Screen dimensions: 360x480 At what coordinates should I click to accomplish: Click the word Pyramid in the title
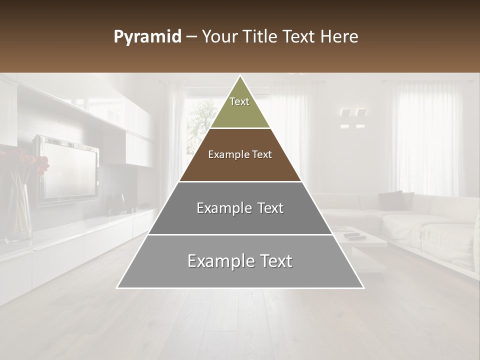(x=147, y=37)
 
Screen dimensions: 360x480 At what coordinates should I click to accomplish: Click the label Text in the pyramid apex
(x=239, y=101)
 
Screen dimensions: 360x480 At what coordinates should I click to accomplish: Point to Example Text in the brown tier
(x=240, y=154)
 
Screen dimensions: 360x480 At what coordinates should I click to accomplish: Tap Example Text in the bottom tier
(x=240, y=261)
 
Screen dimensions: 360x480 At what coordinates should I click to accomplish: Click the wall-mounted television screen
(x=68, y=169)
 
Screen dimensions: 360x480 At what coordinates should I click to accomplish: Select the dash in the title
(x=191, y=37)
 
